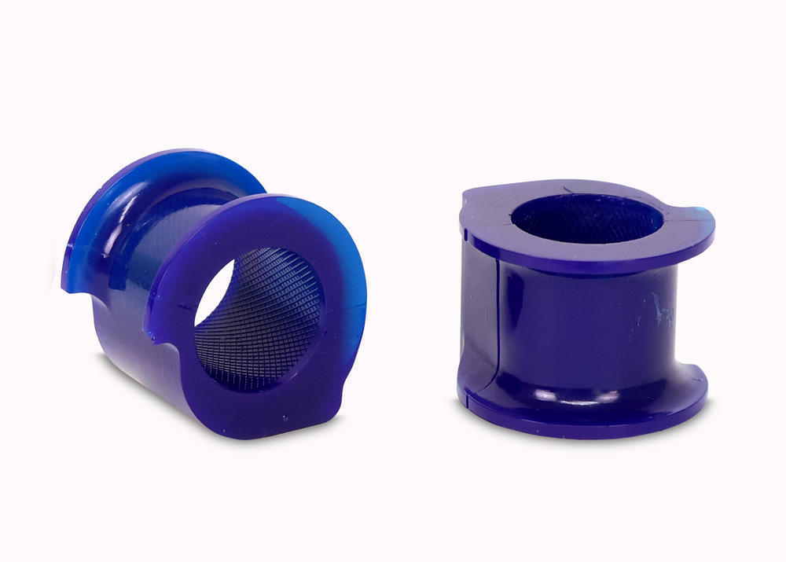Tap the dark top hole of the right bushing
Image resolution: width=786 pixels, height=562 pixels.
[586, 216]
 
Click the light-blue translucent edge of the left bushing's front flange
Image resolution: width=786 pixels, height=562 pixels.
[346, 259]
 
